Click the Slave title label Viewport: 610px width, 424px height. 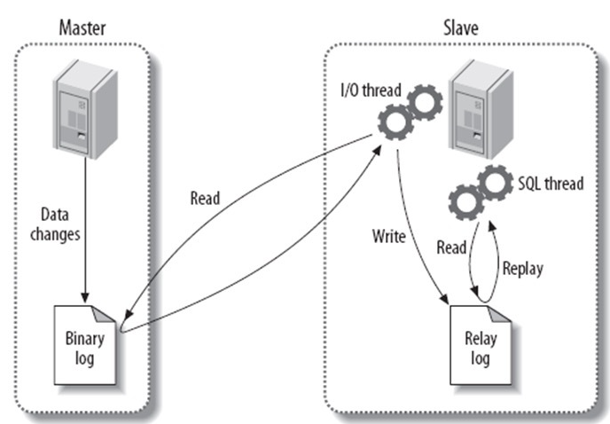point(458,27)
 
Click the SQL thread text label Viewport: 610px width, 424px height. point(550,184)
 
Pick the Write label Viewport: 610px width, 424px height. point(387,238)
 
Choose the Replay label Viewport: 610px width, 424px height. point(524,267)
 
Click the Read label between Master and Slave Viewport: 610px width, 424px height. point(207,199)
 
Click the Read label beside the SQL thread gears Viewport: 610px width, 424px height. point(451,248)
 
